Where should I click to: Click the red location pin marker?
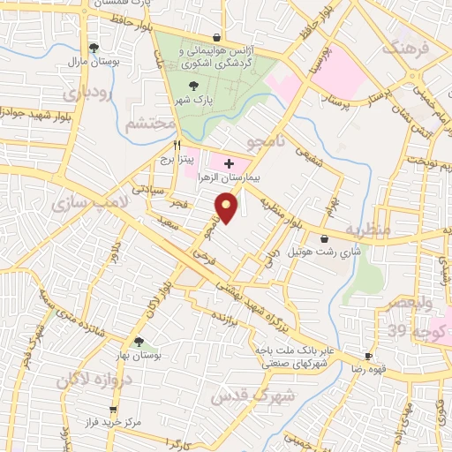[x=227, y=208]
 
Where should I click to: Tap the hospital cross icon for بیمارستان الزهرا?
[x=229, y=163]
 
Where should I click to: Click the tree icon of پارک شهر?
[x=194, y=86]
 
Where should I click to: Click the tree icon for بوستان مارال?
[x=94, y=48]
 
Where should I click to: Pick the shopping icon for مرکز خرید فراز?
[x=113, y=410]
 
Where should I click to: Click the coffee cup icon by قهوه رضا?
[x=369, y=357]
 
